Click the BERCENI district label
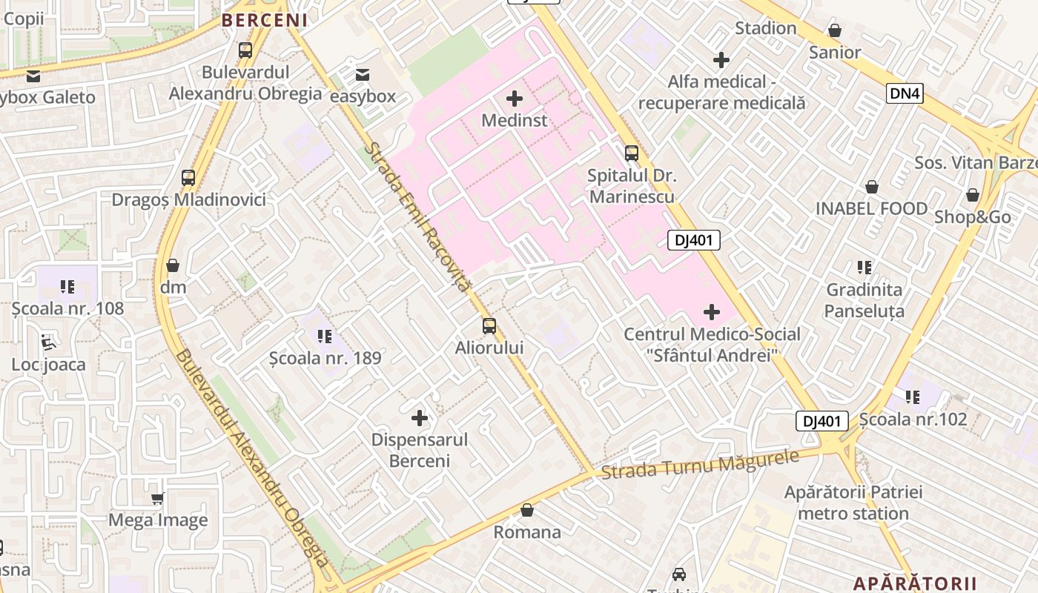tap(265, 20)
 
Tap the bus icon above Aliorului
tap(489, 326)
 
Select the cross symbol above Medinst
tap(514, 98)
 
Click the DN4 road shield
tap(905, 93)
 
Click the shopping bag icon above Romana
tap(527, 510)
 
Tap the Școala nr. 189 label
tap(325, 358)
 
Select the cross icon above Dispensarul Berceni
tap(420, 418)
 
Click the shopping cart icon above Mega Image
tap(157, 499)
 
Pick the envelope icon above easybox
tap(363, 75)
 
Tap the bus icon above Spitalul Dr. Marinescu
tap(631, 153)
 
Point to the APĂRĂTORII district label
tap(915, 583)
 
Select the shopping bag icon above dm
tap(173, 265)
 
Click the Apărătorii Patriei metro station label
tap(853, 503)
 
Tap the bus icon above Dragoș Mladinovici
tap(188, 178)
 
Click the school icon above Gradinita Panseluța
tap(864, 268)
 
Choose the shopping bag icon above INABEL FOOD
tap(872, 187)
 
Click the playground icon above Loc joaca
tap(48, 342)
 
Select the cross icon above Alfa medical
tap(721, 60)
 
